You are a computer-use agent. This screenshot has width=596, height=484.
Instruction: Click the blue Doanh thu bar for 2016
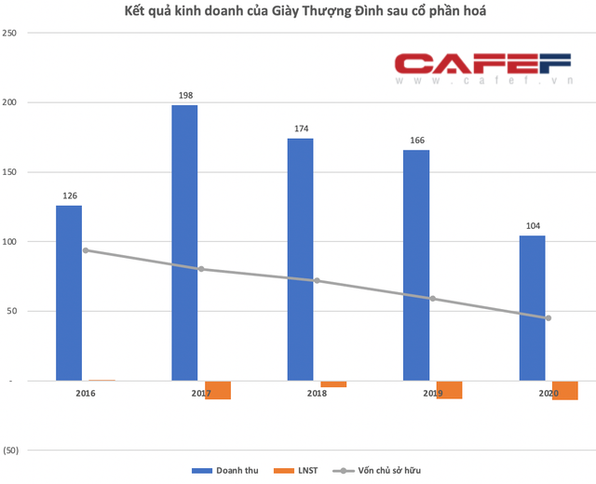pyautogui.click(x=69, y=293)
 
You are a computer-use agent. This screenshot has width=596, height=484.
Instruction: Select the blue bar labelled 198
pyautogui.click(x=184, y=243)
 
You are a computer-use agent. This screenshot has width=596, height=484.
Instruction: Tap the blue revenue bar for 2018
pyautogui.click(x=300, y=260)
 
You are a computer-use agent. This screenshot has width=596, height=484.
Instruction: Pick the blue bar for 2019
pyautogui.click(x=415, y=265)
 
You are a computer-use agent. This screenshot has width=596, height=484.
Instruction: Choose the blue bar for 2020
pyautogui.click(x=532, y=308)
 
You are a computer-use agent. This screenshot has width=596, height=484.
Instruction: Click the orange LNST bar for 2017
pyautogui.click(x=218, y=390)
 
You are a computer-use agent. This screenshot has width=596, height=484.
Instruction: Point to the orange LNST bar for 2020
pyautogui.click(x=564, y=390)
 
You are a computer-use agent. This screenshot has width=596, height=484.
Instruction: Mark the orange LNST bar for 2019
pyautogui.click(x=449, y=389)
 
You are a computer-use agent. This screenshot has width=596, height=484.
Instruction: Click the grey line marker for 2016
pyautogui.click(x=86, y=250)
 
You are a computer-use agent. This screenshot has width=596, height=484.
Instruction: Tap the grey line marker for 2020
pyautogui.click(x=549, y=318)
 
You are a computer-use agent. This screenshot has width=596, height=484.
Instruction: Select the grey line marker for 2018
pyautogui.click(x=317, y=280)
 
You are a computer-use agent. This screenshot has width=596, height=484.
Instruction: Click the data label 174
pyautogui.click(x=300, y=129)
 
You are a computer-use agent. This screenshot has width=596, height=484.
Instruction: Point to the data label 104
pyautogui.click(x=532, y=226)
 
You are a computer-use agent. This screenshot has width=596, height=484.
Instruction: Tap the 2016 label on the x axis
pyautogui.click(x=86, y=395)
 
